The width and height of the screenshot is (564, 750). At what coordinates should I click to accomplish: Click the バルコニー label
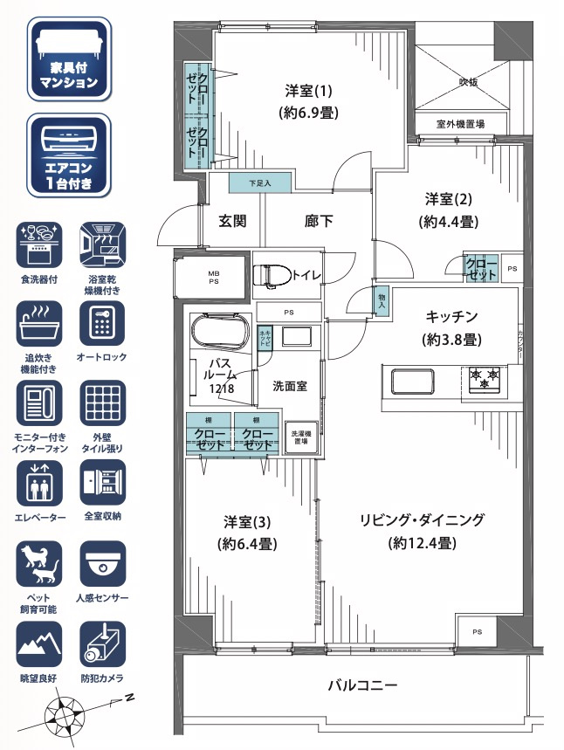click(362, 685)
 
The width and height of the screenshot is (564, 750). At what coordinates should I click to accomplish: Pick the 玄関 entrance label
click(232, 221)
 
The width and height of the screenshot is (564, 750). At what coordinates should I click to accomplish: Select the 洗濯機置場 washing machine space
click(301, 437)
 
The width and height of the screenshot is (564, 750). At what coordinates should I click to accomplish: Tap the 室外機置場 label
click(460, 124)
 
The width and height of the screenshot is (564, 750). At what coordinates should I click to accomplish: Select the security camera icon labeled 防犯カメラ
click(103, 644)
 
